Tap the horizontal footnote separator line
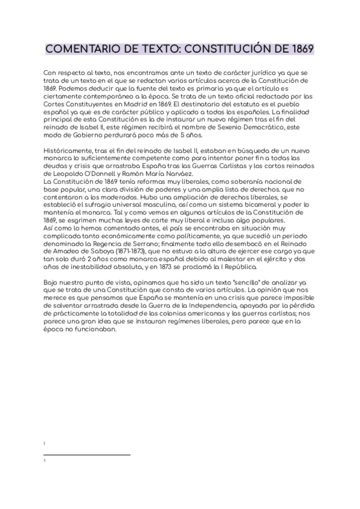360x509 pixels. tap(88, 455)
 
